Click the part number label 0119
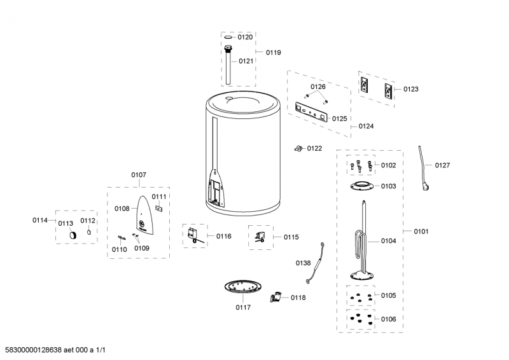(273, 52)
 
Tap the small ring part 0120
(228, 38)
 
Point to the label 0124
(366, 126)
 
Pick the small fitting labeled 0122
(297, 148)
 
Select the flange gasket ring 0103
(361, 186)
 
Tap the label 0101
(421, 231)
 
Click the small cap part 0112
(88, 233)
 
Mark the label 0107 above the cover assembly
(139, 174)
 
